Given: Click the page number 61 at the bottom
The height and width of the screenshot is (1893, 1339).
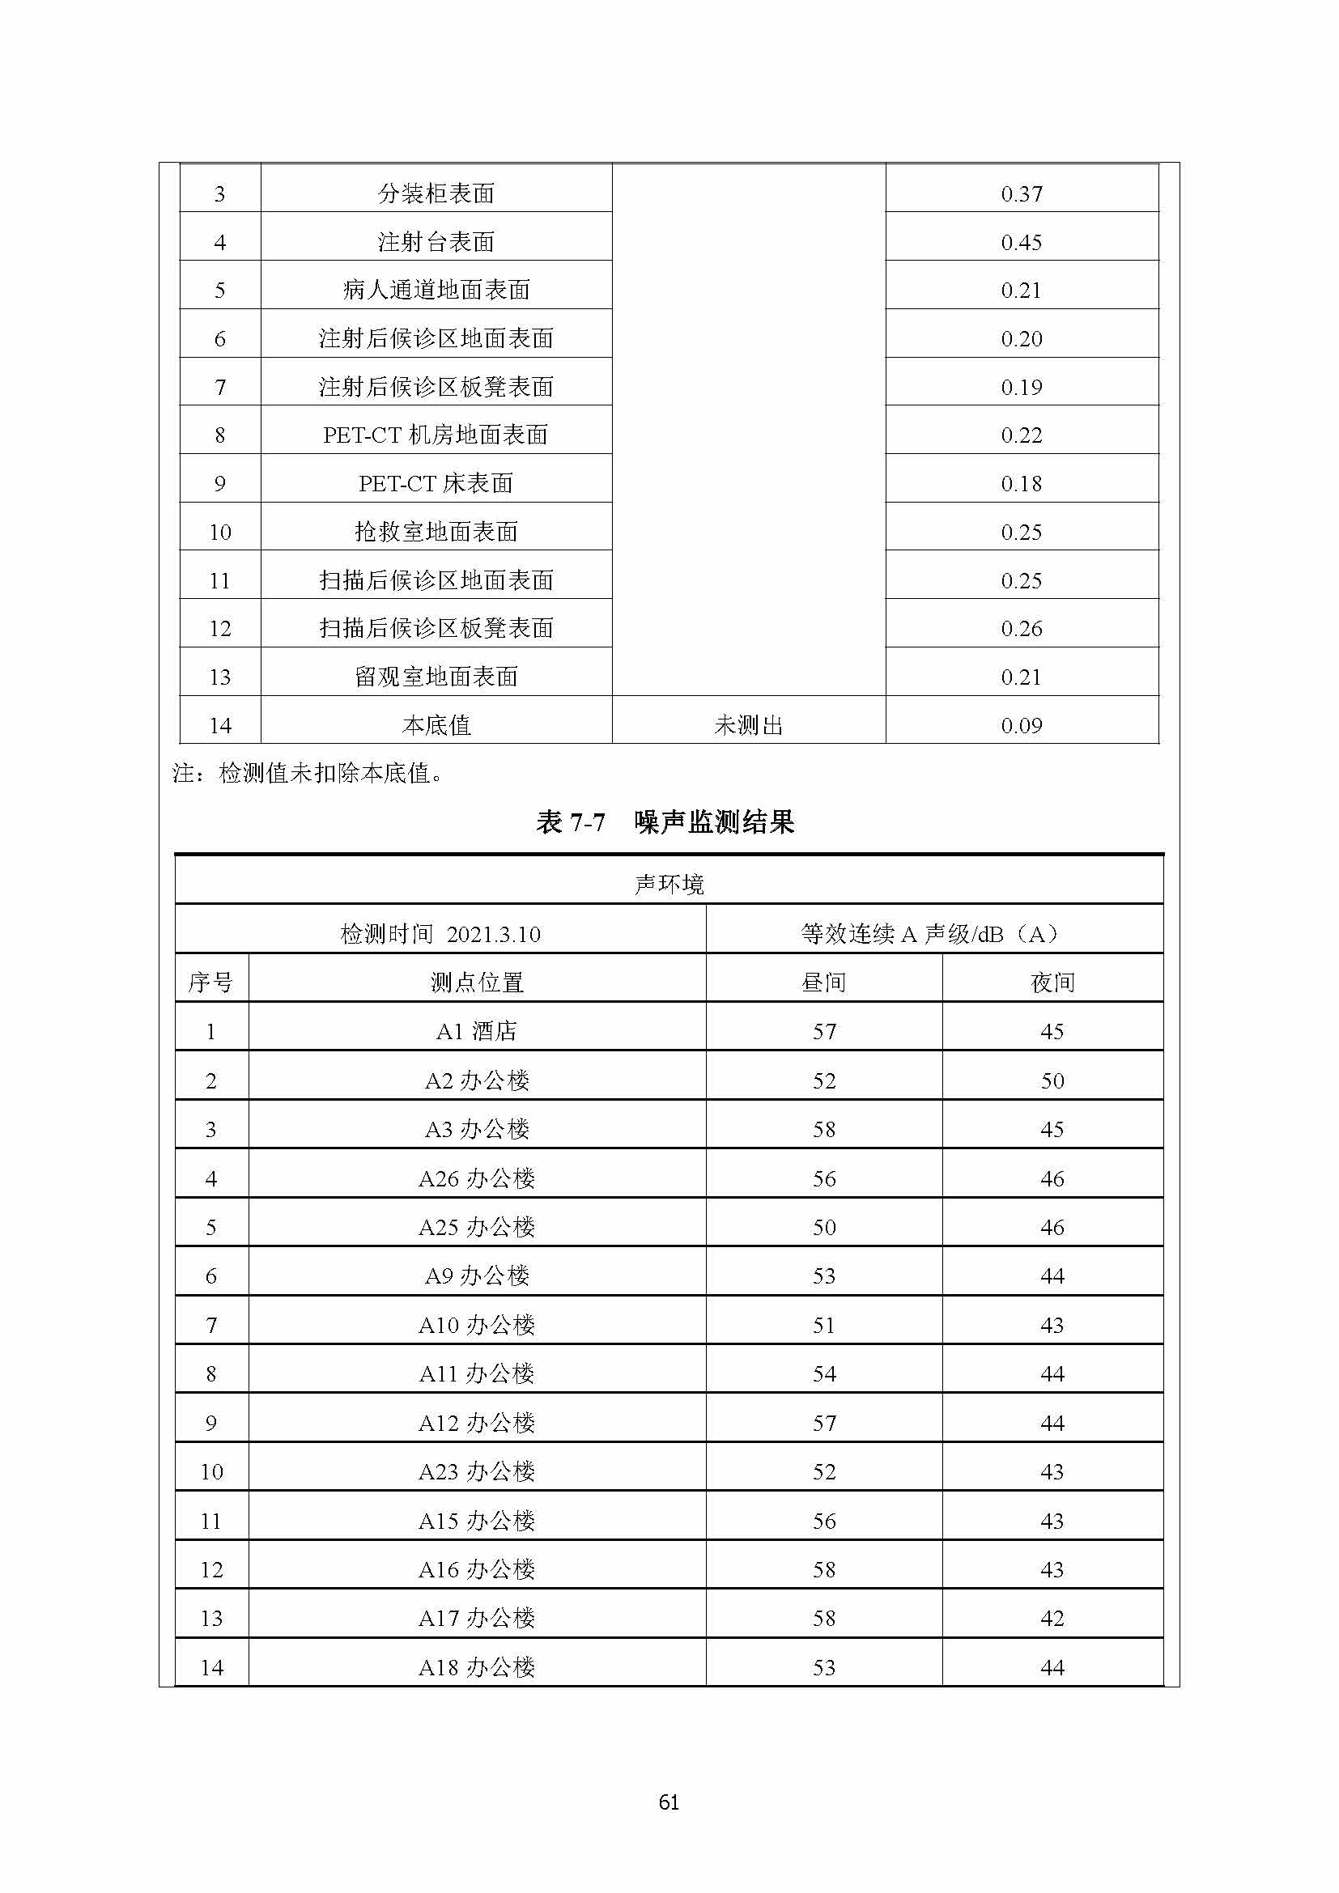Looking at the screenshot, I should [669, 1802].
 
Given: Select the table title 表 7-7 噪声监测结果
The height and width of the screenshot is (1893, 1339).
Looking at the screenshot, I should [665, 822].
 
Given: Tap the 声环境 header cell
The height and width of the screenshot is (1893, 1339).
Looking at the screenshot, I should [669, 885].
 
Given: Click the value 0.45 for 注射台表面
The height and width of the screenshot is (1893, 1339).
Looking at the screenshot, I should [1022, 243].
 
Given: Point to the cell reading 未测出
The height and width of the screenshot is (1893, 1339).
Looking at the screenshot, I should [748, 725].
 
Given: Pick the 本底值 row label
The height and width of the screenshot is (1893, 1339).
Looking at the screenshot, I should [436, 725].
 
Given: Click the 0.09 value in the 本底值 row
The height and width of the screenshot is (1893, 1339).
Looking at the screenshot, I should [1022, 725].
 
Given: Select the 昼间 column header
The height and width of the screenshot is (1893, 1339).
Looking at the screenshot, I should [823, 983].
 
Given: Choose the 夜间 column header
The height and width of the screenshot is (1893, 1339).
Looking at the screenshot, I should [1052, 983].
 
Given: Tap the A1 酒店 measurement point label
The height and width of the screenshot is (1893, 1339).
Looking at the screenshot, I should [477, 1031].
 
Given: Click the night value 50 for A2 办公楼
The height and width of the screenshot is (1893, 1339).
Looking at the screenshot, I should [1052, 1081].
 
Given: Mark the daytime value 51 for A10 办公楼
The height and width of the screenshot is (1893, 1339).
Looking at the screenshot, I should [823, 1326].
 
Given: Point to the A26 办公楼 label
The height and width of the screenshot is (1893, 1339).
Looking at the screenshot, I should [477, 1179].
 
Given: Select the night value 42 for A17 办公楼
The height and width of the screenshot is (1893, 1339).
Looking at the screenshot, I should [1052, 1619].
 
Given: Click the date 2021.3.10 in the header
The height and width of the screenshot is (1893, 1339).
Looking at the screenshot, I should [493, 934].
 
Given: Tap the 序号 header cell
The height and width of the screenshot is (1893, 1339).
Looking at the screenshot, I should [211, 983].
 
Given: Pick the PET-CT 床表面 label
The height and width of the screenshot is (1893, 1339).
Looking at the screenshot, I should [436, 484].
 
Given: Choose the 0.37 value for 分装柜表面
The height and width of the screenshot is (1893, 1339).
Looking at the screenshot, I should [1022, 194].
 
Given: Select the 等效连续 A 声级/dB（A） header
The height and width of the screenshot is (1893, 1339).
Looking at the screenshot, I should [934, 934].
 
